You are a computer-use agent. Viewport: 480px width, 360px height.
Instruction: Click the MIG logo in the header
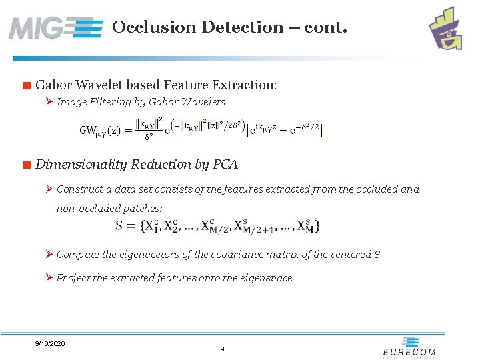[56, 28]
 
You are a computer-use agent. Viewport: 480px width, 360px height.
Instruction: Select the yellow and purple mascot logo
[445, 28]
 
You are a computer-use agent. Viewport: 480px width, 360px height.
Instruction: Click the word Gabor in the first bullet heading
[53, 85]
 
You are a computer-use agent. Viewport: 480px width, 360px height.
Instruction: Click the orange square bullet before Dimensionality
[27, 165]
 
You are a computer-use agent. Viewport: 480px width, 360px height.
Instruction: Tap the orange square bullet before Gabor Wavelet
[27, 85]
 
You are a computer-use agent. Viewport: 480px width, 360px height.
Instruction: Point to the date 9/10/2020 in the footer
[50, 343]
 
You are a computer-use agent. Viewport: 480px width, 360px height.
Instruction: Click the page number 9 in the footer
[222, 349]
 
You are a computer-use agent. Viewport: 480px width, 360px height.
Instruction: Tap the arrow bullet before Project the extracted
[49, 277]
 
